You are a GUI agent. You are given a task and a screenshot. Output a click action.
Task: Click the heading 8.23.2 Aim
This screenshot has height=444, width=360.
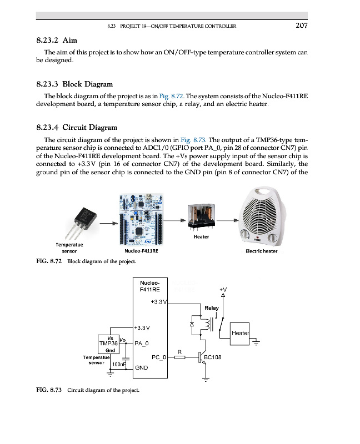coord(56,40)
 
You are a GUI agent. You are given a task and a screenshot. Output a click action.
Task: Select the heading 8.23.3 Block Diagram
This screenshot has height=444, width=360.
coord(74,84)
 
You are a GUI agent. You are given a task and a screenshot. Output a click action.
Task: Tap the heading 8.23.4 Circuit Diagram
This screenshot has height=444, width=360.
coord(76,127)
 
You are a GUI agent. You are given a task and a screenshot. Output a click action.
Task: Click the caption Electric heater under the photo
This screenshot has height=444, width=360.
coord(261,251)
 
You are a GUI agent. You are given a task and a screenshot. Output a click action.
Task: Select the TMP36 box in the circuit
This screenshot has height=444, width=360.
coord(110,344)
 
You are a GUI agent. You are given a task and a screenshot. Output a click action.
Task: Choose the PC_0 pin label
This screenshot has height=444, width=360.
coord(158,358)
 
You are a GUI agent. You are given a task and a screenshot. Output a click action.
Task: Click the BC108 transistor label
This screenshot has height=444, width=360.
coord(213,358)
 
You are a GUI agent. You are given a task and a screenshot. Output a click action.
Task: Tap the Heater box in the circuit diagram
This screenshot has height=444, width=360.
coord(240,334)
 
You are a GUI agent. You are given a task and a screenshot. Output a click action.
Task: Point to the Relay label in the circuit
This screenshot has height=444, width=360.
coord(212,307)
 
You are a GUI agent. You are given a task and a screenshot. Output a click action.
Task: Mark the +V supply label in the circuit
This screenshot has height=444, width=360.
coord(223,290)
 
